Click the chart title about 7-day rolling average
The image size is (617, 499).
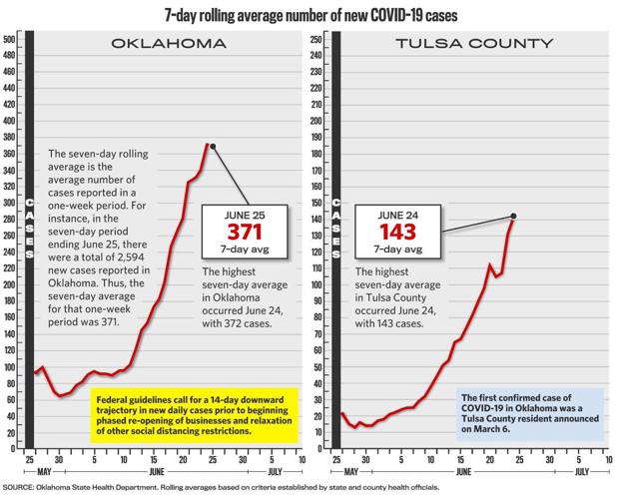(308, 13)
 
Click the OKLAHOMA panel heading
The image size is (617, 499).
(168, 45)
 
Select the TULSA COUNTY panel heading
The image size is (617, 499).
(473, 45)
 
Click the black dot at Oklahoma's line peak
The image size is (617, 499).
(213, 146)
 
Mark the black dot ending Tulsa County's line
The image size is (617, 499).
(513, 216)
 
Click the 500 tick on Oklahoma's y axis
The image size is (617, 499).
(9, 39)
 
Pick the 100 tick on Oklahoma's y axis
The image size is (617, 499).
(9, 367)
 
